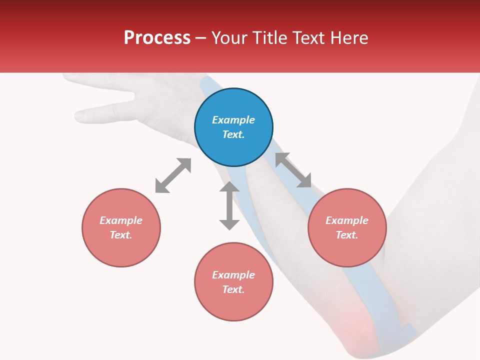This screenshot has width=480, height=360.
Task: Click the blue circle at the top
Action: click(x=233, y=127)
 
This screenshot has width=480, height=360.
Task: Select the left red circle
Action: click(x=121, y=227)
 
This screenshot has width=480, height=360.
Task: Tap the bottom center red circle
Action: click(x=233, y=281)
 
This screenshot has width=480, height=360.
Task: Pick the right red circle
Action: click(x=347, y=227)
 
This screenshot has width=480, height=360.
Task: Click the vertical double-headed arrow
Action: click(x=229, y=205)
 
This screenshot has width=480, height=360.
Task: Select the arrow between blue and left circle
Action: click(x=173, y=175)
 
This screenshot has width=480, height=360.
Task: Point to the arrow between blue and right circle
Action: click(x=293, y=170)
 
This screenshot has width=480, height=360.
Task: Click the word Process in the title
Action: click(x=157, y=38)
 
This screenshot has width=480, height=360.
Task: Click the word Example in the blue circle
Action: click(x=233, y=120)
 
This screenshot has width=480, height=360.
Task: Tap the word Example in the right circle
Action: click(x=347, y=220)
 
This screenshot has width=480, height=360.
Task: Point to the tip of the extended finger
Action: click(x=78, y=116)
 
